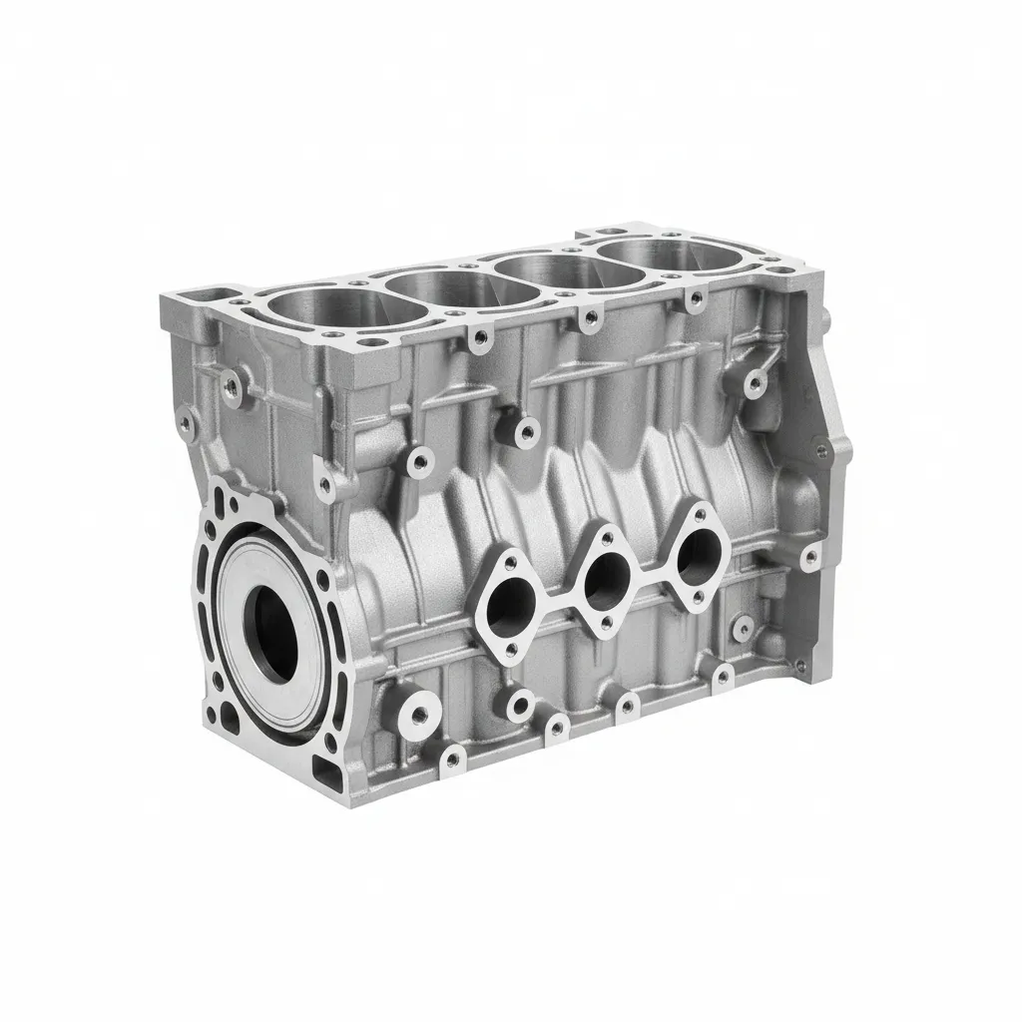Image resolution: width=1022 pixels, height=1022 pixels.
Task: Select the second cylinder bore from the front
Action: [x=458, y=286]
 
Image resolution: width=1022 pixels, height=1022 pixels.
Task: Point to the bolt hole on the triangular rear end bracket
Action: [x=821, y=451]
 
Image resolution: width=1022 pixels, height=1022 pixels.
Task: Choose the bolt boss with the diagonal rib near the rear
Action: [x=756, y=380]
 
